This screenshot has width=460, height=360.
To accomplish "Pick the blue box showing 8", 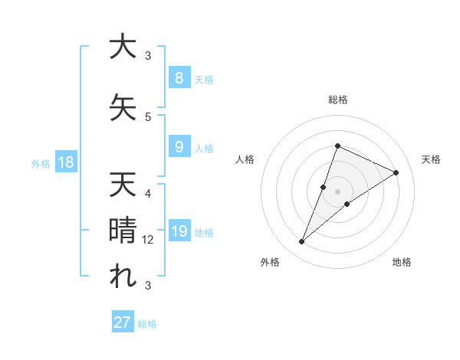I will [178, 78].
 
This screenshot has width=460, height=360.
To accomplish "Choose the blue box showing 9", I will [178, 147].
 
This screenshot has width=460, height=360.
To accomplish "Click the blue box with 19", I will [179, 232].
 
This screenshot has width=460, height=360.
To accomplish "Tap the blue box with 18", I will [65, 162].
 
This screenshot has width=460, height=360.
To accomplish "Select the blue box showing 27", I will [123, 322].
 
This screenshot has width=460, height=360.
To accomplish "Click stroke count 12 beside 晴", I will [149, 240].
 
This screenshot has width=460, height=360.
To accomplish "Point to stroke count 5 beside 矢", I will [149, 116].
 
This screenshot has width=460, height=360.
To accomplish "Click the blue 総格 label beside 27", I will [148, 324].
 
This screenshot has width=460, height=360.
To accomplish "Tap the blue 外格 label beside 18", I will [41, 163].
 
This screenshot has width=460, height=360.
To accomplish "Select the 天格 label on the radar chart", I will [432, 159].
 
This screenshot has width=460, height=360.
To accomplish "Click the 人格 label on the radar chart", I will [245, 159].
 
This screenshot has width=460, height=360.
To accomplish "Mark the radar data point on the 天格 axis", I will [396, 172].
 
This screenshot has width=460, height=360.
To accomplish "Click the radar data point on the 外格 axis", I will [301, 242].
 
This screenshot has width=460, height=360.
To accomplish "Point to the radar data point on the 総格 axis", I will [337, 146].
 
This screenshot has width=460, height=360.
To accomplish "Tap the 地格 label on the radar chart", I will [402, 262].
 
